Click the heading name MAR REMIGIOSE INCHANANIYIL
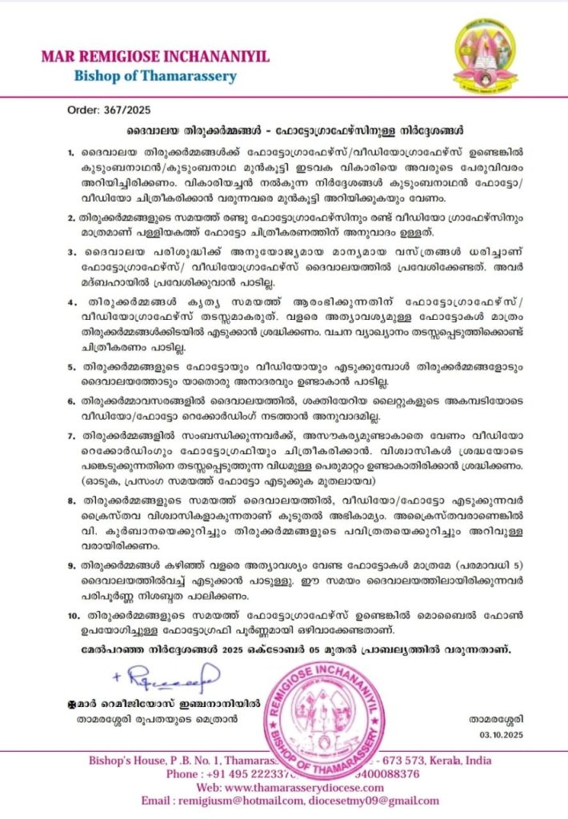pos(156,57)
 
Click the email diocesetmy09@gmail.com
pos(375,802)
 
